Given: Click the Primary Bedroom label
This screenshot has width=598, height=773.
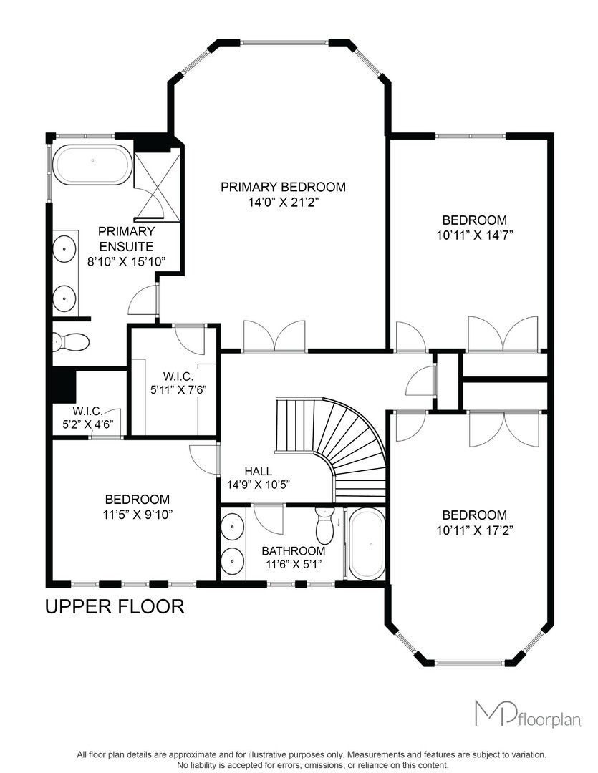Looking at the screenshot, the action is [x=283, y=187].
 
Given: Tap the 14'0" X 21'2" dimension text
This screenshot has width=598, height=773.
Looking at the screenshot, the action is [x=283, y=202].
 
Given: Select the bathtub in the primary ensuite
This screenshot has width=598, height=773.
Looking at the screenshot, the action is [x=92, y=165].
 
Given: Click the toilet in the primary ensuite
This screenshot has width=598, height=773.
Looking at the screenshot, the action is [x=71, y=341].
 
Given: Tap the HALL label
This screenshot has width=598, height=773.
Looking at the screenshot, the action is [x=258, y=471].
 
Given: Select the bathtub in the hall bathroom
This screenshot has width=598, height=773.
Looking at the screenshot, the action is [x=366, y=545].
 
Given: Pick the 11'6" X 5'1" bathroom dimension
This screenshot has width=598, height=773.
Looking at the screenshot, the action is [x=294, y=564].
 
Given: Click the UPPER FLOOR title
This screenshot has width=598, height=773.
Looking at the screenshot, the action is [x=115, y=606].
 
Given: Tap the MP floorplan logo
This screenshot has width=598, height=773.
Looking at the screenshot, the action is [x=529, y=714].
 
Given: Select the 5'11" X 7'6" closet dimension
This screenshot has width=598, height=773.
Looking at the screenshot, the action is [x=178, y=389].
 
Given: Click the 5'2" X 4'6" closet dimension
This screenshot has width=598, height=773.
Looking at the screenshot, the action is [x=88, y=424].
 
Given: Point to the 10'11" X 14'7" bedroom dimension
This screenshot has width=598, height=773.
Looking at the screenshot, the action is [x=475, y=235].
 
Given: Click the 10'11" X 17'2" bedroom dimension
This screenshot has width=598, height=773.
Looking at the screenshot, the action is [x=475, y=530].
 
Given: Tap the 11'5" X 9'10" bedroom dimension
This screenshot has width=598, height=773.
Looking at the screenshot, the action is [x=138, y=515].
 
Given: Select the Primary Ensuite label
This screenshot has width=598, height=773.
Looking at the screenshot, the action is [x=126, y=239].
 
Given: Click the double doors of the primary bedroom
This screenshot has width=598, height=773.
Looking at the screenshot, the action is [x=274, y=336].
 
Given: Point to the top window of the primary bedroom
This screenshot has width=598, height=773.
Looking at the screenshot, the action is [x=285, y=42].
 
